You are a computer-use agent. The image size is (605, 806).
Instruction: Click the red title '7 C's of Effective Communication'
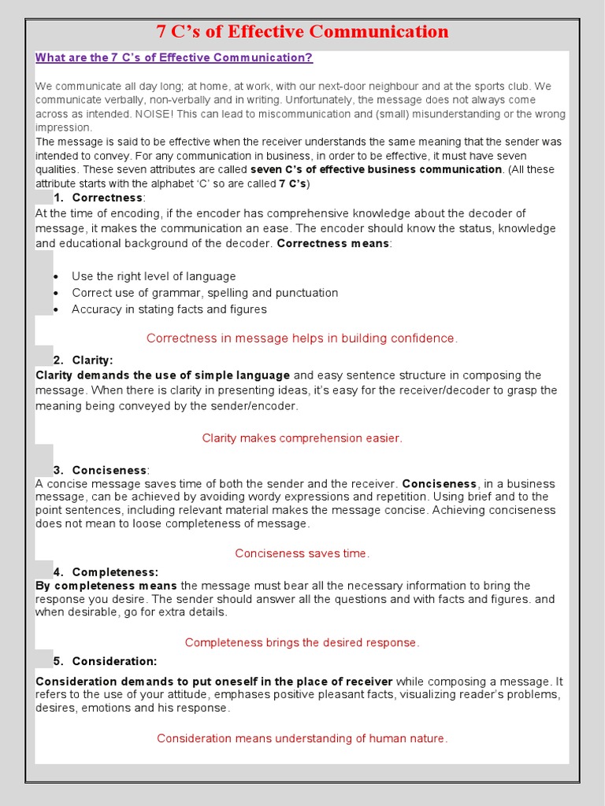pyautogui.click(x=302, y=32)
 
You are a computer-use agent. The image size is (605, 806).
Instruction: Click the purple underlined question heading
pyautogui.click(x=174, y=57)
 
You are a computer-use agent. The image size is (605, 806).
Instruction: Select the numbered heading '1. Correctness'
pyautogui.click(x=99, y=198)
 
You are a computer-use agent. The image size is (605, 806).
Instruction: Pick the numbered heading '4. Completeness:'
pyautogui.click(x=106, y=572)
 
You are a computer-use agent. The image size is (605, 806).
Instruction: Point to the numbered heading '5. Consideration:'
pyautogui.click(x=106, y=661)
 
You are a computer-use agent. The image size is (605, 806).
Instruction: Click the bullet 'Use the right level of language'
pyautogui.click(x=154, y=276)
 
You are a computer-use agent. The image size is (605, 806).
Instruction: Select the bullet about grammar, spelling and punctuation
pyautogui.click(x=205, y=293)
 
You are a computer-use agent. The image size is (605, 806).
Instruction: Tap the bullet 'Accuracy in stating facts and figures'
pyautogui.click(x=169, y=309)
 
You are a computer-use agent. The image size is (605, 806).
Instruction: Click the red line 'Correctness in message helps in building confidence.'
pyautogui.click(x=302, y=338)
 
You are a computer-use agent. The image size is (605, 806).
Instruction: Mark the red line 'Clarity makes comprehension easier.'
pyautogui.click(x=302, y=438)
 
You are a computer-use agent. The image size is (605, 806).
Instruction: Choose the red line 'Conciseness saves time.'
pyautogui.click(x=302, y=553)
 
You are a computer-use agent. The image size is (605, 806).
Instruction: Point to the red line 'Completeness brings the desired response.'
pyautogui.click(x=302, y=642)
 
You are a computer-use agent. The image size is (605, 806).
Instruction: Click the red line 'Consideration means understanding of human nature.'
pyautogui.click(x=302, y=738)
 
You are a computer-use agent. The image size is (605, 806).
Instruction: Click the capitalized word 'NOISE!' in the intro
pyautogui.click(x=157, y=114)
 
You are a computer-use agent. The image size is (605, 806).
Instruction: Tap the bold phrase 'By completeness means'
pyautogui.click(x=106, y=586)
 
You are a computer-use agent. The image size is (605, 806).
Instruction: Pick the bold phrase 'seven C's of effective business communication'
pyautogui.click(x=376, y=169)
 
